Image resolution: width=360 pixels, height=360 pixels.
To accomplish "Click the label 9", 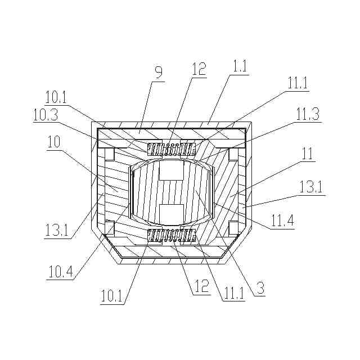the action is point(158,72).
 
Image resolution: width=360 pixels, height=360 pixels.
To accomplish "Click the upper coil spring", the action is point(171,150).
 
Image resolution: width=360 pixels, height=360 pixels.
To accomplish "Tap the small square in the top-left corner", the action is point(110,153).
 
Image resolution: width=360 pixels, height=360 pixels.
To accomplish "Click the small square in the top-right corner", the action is point(235,153).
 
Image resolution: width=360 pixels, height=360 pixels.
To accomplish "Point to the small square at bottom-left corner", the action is point(110,228).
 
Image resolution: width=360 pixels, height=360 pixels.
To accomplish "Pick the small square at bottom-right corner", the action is point(235,228).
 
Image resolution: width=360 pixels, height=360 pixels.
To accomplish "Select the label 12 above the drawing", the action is point(198,69).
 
